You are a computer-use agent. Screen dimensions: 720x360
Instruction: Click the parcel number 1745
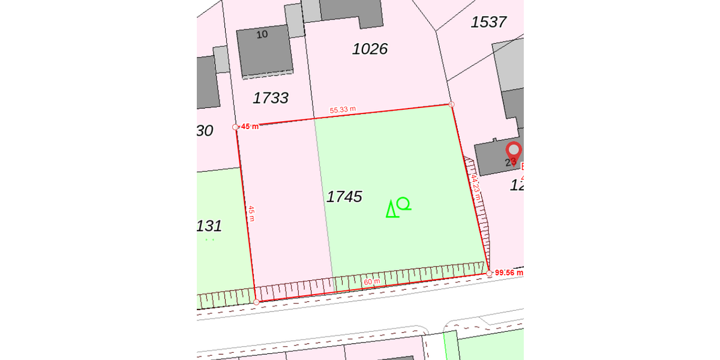[x=344, y=196]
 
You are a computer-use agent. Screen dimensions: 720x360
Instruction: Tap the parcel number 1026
[x=370, y=49]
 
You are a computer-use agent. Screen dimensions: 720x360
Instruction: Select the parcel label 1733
[x=271, y=98]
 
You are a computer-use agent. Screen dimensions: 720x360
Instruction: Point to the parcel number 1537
[x=488, y=22]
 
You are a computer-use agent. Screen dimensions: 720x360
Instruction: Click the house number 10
[x=262, y=34]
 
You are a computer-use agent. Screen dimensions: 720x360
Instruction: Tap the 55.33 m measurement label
[x=343, y=110]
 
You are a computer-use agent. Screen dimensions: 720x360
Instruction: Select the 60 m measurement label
[x=372, y=281]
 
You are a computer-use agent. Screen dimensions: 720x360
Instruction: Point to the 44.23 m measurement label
[x=475, y=187]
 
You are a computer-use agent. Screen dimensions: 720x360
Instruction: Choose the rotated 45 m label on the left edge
[x=251, y=213]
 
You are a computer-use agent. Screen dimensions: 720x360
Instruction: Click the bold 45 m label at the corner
[x=250, y=127]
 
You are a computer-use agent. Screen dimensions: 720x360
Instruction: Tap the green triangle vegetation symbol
[x=392, y=209]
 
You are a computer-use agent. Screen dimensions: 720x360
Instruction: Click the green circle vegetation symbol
[x=404, y=203]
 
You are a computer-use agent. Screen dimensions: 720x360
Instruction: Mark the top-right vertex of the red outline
[x=451, y=104]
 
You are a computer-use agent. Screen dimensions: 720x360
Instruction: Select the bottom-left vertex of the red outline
[x=256, y=302]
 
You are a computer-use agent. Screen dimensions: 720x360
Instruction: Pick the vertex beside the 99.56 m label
[x=489, y=273]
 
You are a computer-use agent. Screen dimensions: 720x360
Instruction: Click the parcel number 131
[x=209, y=226]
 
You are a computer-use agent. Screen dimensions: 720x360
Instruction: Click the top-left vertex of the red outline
[x=235, y=127]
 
